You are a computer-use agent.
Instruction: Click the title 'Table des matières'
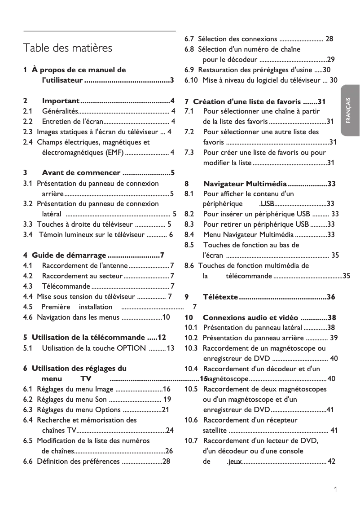coord(68,48)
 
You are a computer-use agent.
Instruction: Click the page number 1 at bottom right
coord(335,490)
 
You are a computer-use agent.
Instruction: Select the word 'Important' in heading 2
coord(61,101)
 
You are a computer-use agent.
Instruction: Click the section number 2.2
coord(28,121)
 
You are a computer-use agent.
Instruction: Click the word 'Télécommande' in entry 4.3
coord(66,286)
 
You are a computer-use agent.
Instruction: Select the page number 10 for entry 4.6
coord(166,317)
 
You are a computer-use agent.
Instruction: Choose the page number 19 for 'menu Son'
coord(167,399)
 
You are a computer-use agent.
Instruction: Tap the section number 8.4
coord(189,234)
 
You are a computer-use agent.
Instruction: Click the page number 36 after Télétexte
coord(331,297)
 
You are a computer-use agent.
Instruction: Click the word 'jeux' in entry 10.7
coord(235,462)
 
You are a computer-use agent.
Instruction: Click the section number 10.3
coord(191,348)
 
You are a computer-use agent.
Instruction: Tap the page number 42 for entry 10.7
coord(332,462)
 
